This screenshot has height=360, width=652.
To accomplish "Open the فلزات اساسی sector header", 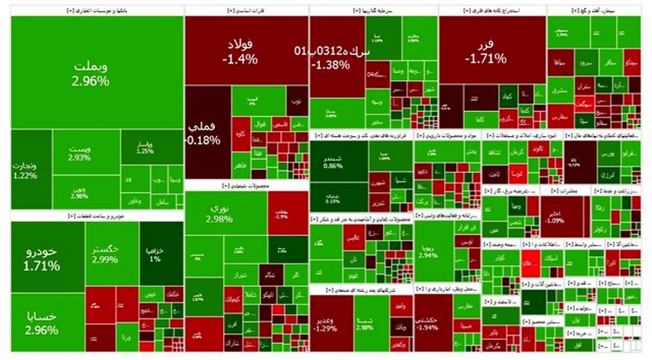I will click(246, 10).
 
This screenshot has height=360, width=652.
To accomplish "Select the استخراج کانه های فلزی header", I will click(492, 10).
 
